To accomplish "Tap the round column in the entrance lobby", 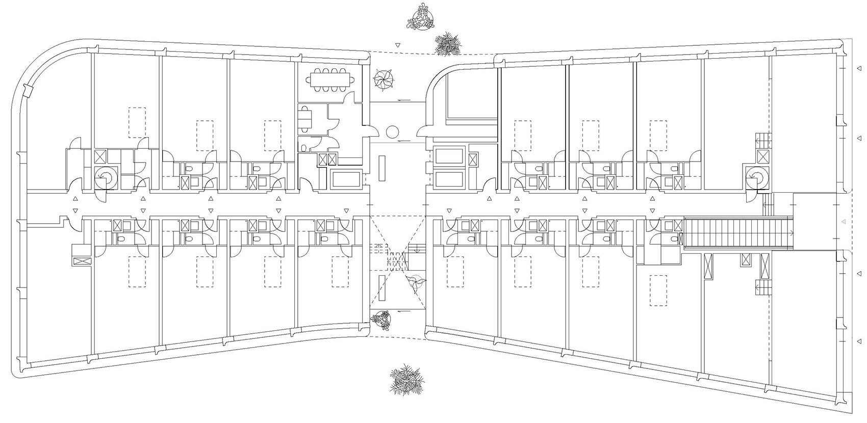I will pyautogui.click(x=392, y=133).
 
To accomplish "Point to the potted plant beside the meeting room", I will pyautogui.click(x=384, y=80).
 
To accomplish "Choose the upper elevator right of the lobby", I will pyautogui.click(x=449, y=156).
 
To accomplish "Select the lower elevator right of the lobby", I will pyautogui.click(x=449, y=179).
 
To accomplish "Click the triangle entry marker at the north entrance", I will pyautogui.click(x=397, y=45).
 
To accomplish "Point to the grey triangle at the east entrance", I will pyautogui.click(x=843, y=221).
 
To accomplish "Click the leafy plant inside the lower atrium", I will pyautogui.click(x=414, y=283).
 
